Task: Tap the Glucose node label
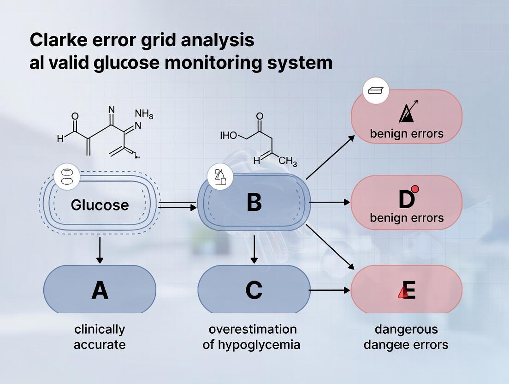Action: tap(100, 204)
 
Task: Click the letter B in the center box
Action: tap(254, 202)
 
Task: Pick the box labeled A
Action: tap(100, 290)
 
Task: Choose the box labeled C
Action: tap(254, 290)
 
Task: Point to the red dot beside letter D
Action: tap(414, 188)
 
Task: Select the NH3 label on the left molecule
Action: tap(144, 114)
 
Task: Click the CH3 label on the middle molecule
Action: tap(288, 162)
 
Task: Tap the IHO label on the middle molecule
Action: tap(229, 135)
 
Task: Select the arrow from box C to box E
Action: tap(330, 290)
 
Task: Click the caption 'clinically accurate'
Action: tap(100, 336)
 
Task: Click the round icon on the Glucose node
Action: tap(67, 177)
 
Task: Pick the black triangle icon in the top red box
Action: tap(406, 113)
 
